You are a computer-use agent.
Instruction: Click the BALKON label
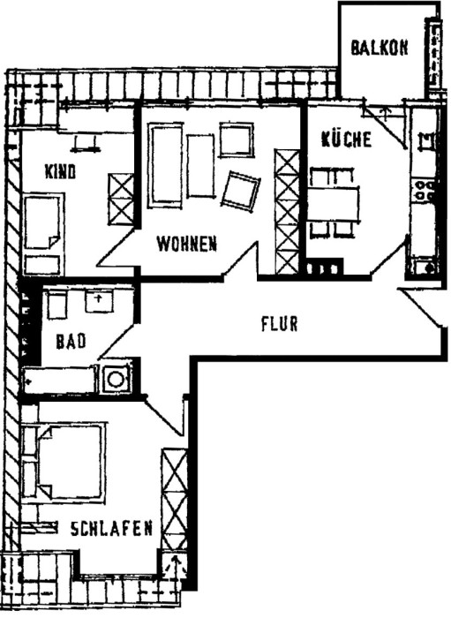click(x=380, y=49)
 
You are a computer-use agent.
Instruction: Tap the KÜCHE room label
click(x=346, y=139)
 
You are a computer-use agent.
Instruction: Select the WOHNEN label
click(x=186, y=244)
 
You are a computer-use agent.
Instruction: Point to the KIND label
click(x=61, y=171)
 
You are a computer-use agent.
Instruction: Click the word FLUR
click(x=279, y=323)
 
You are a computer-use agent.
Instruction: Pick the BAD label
click(x=70, y=342)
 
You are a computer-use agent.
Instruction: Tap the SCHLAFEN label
click(x=112, y=529)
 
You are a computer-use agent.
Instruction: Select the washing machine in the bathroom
click(x=115, y=379)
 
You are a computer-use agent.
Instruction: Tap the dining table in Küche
click(x=334, y=204)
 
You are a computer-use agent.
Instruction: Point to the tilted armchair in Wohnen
click(x=240, y=190)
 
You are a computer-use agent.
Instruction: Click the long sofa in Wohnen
click(x=165, y=165)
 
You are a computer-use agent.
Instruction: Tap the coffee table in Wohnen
click(x=201, y=166)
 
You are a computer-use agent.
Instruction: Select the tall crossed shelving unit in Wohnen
click(x=288, y=212)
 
